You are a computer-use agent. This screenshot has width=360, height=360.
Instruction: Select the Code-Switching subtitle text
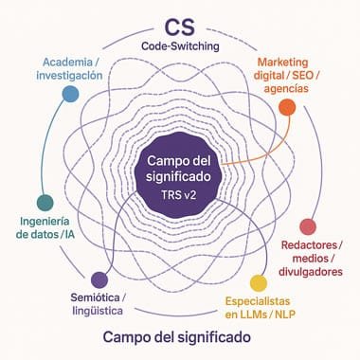click(x=179, y=46)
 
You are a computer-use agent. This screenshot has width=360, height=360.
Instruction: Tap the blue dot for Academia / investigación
click(x=69, y=93)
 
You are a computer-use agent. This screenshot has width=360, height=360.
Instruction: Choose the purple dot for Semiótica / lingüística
click(x=99, y=279)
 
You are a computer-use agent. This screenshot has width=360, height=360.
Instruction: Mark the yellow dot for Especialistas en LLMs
click(x=256, y=282)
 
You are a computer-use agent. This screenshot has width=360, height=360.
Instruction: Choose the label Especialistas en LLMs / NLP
click(x=260, y=311)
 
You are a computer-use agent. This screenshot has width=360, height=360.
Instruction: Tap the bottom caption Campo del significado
click(x=179, y=338)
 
